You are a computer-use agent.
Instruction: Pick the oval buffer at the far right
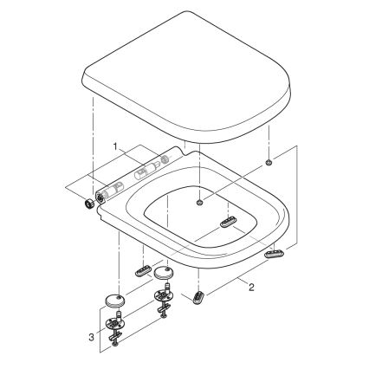275,252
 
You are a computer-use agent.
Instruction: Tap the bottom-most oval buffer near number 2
201,297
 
